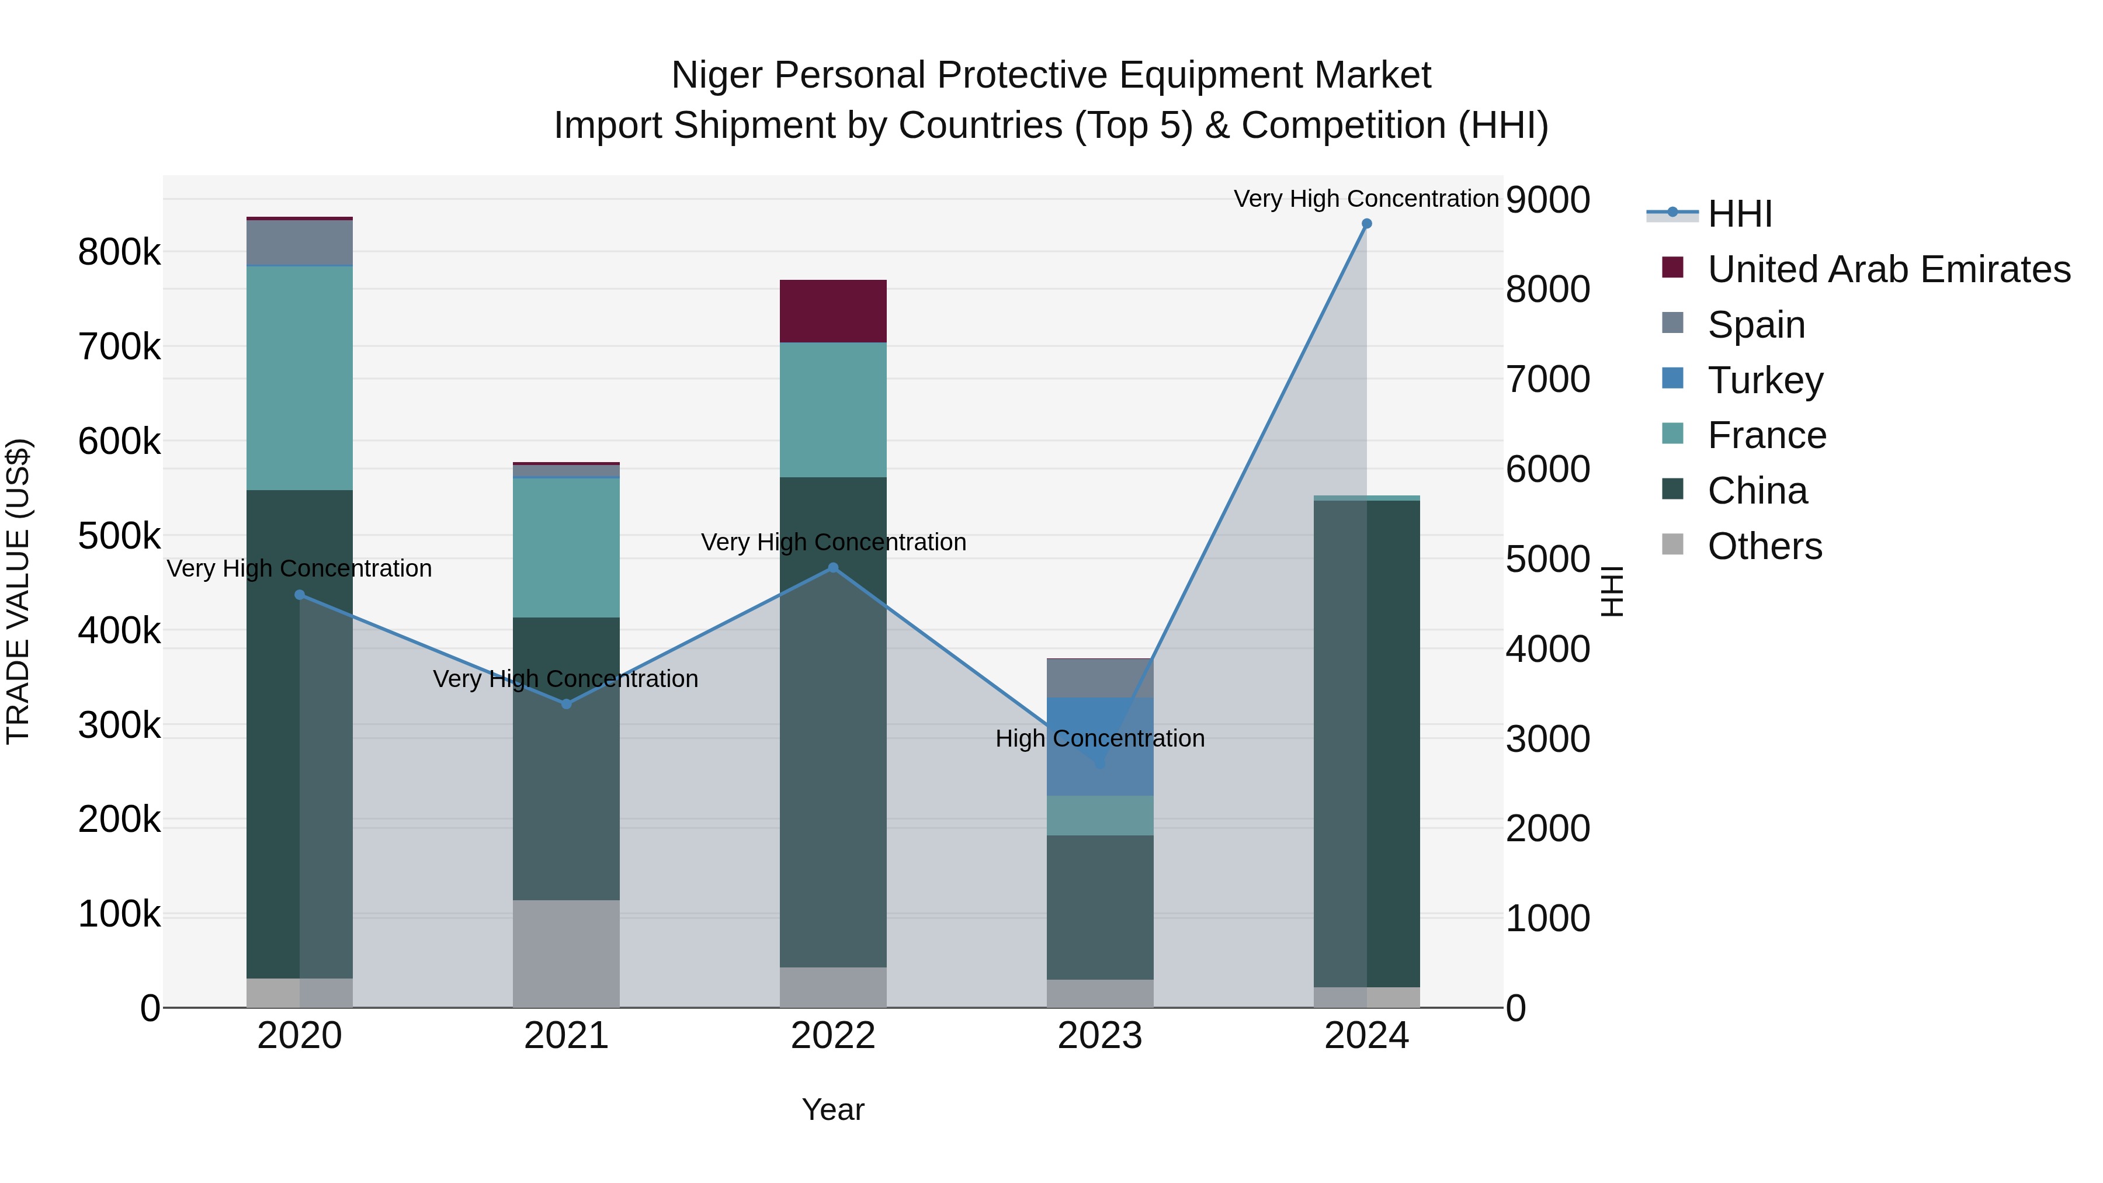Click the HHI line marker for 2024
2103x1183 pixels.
(1366, 224)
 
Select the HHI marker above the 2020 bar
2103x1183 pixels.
(300, 595)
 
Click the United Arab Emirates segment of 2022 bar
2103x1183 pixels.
(832, 311)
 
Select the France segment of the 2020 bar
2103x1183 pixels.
(300, 378)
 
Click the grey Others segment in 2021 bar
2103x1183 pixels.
(565, 953)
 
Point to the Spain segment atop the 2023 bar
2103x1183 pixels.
(1099, 678)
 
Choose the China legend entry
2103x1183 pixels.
(1756, 491)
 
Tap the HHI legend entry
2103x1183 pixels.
(1739, 214)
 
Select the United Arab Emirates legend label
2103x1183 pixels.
(1888, 269)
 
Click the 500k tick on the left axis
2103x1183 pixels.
(119, 536)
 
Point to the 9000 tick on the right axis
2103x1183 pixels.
(1547, 200)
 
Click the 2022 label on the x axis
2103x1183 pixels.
(832, 1036)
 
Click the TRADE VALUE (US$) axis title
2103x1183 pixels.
(19, 591)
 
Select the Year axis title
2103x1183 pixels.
(832, 1109)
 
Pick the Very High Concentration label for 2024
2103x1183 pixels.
(1366, 199)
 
